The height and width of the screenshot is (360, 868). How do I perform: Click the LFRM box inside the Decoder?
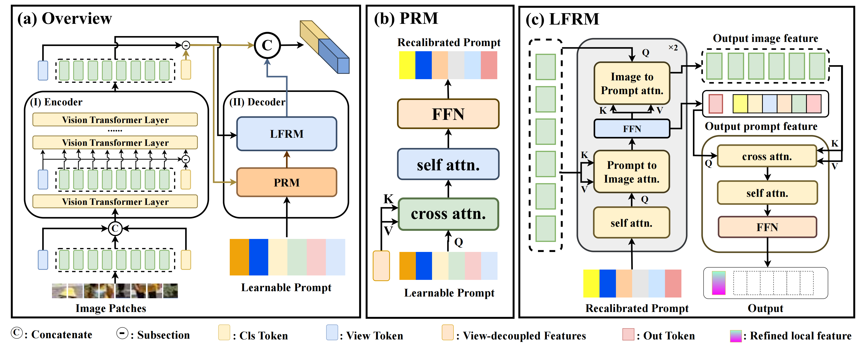pyautogui.click(x=286, y=134)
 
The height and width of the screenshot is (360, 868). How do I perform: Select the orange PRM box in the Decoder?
pyautogui.click(x=286, y=182)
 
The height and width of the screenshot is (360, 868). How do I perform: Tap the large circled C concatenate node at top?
pyautogui.click(x=267, y=45)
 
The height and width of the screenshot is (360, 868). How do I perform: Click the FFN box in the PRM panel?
pyautogui.click(x=448, y=114)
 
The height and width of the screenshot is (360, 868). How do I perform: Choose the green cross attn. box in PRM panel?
pyautogui.click(x=448, y=214)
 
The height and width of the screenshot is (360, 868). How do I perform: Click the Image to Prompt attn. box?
pyautogui.click(x=632, y=83)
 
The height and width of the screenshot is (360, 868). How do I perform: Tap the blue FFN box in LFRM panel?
pyautogui.click(x=632, y=129)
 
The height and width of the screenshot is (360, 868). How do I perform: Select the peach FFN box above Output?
pyautogui.click(x=767, y=227)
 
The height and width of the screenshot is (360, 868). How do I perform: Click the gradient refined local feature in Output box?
pyautogui.click(x=718, y=283)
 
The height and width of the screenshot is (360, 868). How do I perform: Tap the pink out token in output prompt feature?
pyautogui.click(x=716, y=104)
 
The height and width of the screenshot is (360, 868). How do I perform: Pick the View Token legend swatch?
pyautogui.click(x=332, y=332)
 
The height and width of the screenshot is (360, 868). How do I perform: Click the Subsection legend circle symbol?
pyautogui.click(x=122, y=333)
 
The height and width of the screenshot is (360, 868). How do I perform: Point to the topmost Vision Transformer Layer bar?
pyautogui.click(x=115, y=120)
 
